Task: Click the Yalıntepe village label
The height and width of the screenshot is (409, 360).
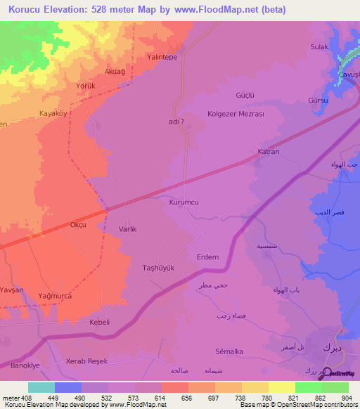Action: click(x=161, y=57)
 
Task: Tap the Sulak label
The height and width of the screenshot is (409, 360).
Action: click(x=320, y=47)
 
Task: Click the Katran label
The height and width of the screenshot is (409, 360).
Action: click(x=269, y=152)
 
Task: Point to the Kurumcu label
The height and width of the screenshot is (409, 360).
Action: click(x=184, y=202)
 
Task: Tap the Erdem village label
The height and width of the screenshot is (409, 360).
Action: click(x=207, y=257)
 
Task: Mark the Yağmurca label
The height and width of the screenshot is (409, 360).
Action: click(x=56, y=296)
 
